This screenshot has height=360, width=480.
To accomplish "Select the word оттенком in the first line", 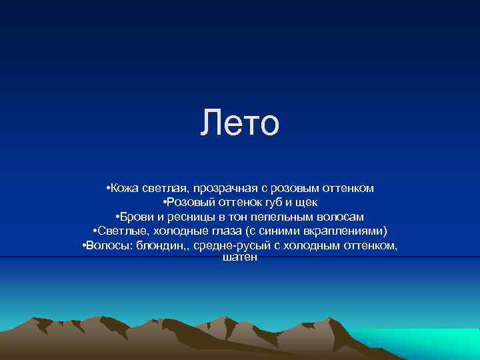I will [347, 189].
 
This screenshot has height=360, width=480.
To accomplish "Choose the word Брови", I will [138, 217].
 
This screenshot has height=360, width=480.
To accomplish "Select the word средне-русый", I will [224, 245].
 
